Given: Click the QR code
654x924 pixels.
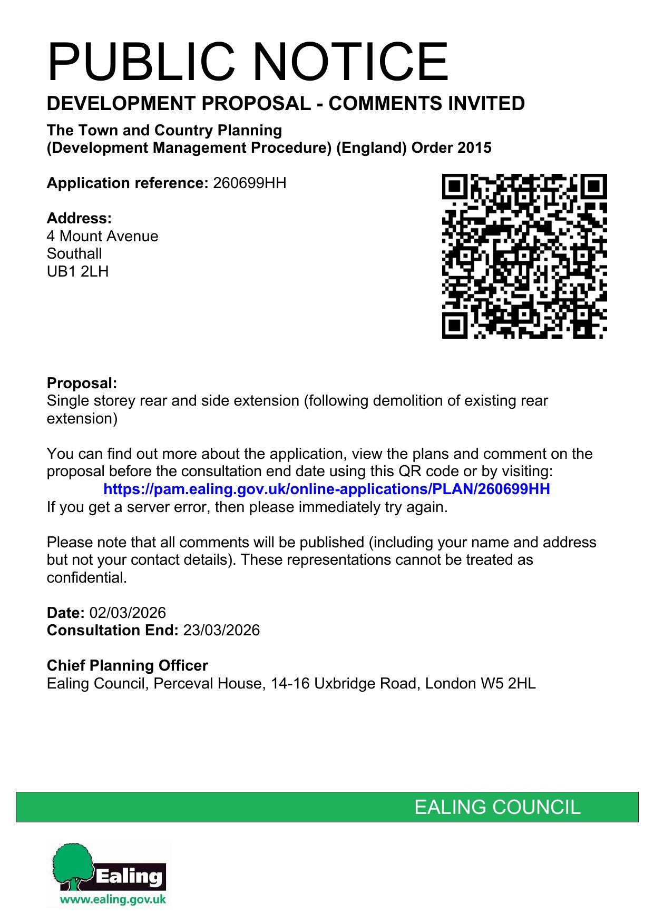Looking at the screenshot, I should pyautogui.click(x=524, y=256).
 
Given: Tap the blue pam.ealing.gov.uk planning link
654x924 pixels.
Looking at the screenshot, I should pyautogui.click(x=326, y=489).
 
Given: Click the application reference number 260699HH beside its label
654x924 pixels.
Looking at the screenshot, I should pyautogui.click(x=249, y=183).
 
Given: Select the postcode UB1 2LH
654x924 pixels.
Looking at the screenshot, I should pyautogui.click(x=77, y=272).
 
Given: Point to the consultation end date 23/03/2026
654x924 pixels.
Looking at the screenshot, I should pyautogui.click(x=221, y=631).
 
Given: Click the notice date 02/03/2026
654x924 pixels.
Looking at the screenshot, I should pyautogui.click(x=128, y=613).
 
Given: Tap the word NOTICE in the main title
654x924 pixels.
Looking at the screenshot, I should pyautogui.click(x=352, y=62).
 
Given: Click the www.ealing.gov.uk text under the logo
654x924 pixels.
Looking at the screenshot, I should pyautogui.click(x=113, y=899).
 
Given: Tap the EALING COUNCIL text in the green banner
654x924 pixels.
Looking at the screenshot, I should pyautogui.click(x=497, y=807).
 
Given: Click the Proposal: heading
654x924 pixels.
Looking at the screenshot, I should pyautogui.click(x=82, y=383).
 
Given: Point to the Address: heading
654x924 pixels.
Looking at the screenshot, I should pyautogui.click(x=79, y=218).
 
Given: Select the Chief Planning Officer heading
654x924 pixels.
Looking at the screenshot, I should pyautogui.click(x=127, y=665).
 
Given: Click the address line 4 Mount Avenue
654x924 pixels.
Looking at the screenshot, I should pyautogui.click(x=102, y=236).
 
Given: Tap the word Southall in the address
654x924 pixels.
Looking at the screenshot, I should pyautogui.click(x=74, y=254).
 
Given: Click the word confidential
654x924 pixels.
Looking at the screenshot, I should pyautogui.click(x=86, y=578).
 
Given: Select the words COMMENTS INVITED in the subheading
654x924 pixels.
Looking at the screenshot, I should pyautogui.click(x=426, y=104).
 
